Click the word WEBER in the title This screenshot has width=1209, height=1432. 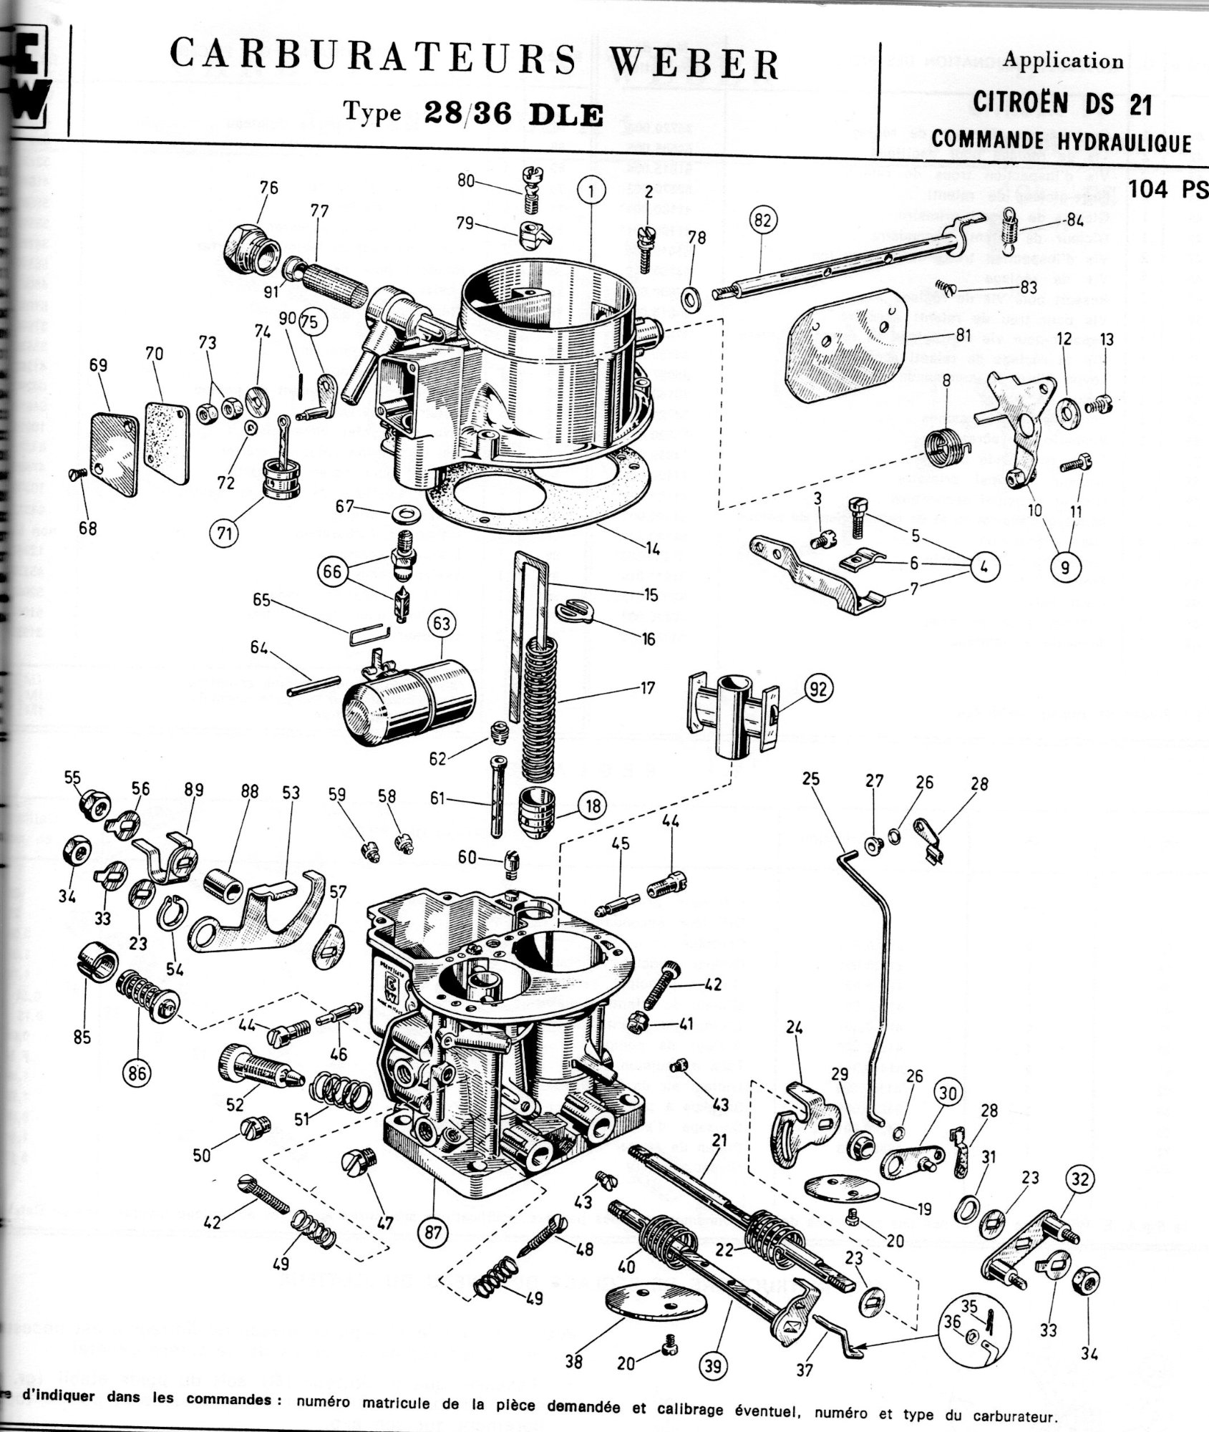tap(695, 64)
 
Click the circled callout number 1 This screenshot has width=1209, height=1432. tap(592, 192)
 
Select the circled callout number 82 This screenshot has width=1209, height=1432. tap(762, 221)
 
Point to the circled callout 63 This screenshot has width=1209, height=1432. tap(441, 624)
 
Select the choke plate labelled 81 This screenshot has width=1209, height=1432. tap(846, 342)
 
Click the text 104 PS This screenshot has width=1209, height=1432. tap(1167, 189)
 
